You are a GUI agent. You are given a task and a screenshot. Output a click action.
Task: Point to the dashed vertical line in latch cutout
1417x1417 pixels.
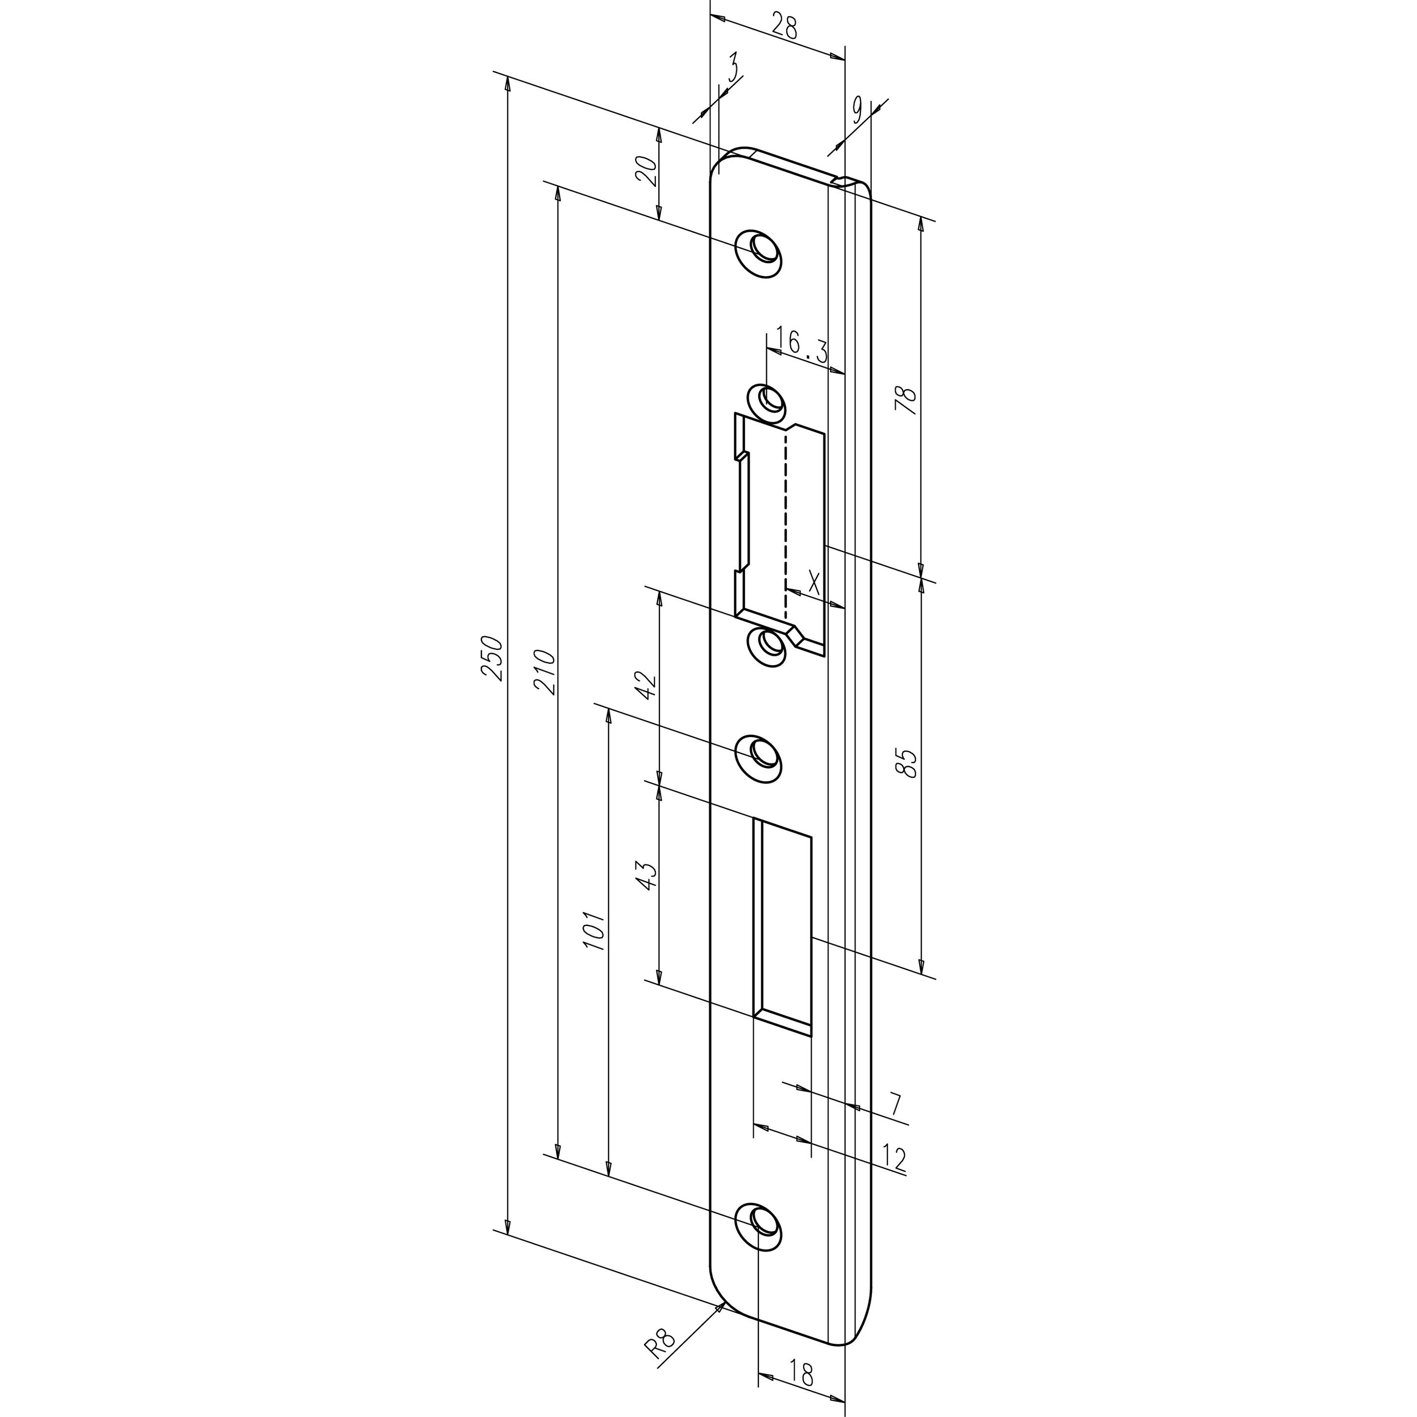click(786, 521)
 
